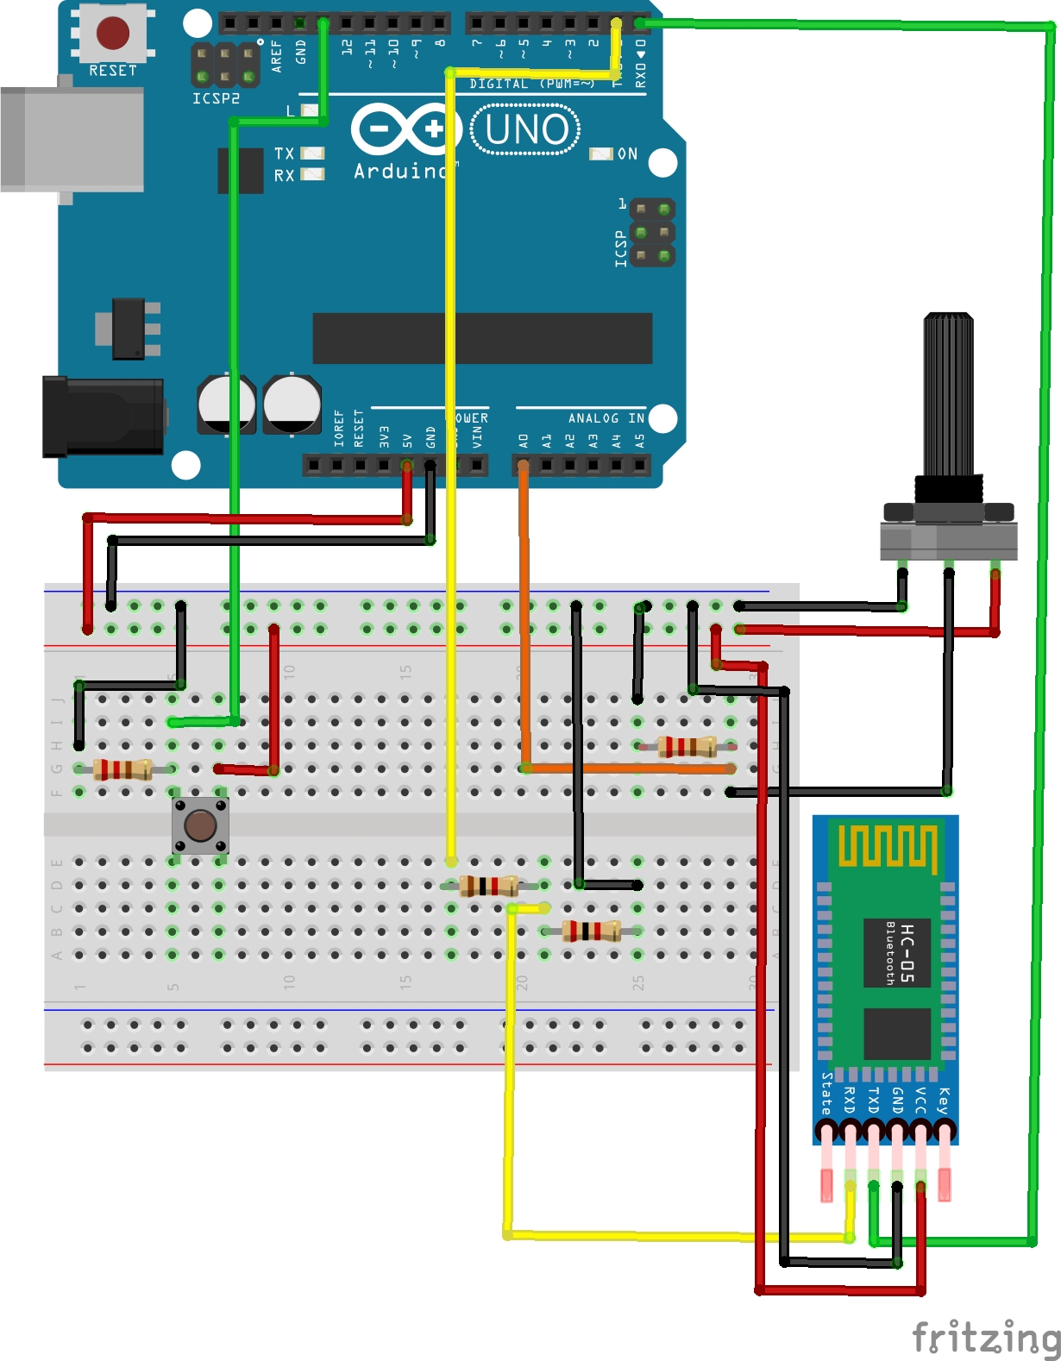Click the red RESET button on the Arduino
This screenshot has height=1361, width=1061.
pos(113,33)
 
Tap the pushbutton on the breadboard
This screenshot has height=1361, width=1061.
pos(200,825)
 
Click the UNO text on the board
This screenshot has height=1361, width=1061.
pos(526,129)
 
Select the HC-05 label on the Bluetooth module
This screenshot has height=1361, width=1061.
pos(907,952)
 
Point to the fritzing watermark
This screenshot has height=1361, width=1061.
pos(986,1338)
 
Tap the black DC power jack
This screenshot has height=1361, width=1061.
pos(104,416)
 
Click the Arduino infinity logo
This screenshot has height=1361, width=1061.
pos(402,129)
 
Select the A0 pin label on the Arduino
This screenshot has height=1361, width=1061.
pos(524,440)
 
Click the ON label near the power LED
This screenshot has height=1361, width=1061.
pos(627,154)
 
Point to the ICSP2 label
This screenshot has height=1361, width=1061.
pos(216,98)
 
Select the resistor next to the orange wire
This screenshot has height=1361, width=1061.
pos(687,746)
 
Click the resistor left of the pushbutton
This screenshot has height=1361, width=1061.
pos(122,768)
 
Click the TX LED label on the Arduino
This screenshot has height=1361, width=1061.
pos(284,154)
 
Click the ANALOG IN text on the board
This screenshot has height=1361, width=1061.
pos(606,418)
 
